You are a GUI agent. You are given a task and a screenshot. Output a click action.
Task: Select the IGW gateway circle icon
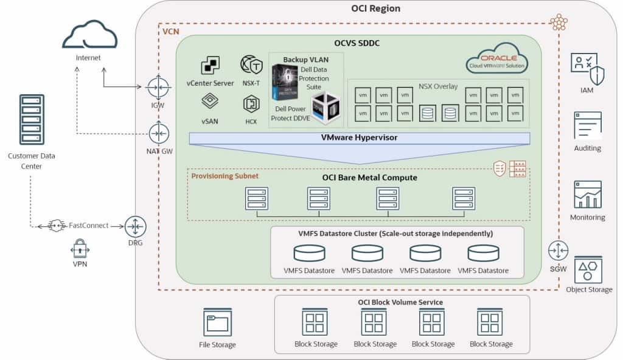point(158,87)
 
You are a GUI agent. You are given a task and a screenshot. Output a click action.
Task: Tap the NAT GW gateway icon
point(158,133)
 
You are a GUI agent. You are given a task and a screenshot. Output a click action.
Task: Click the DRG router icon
point(136,226)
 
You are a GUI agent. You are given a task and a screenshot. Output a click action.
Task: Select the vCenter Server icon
point(211,65)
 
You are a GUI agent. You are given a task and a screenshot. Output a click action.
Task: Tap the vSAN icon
point(211,101)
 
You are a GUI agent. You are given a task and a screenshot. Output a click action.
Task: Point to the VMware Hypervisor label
point(359,138)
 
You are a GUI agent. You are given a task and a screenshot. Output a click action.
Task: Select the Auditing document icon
point(587,125)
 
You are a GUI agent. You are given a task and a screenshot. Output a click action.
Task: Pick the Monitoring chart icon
point(587,194)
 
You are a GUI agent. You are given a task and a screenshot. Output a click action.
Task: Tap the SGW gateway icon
point(557,250)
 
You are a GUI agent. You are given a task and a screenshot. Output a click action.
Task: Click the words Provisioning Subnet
point(225,176)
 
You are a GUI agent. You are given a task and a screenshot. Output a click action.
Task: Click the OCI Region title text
point(375,9)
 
